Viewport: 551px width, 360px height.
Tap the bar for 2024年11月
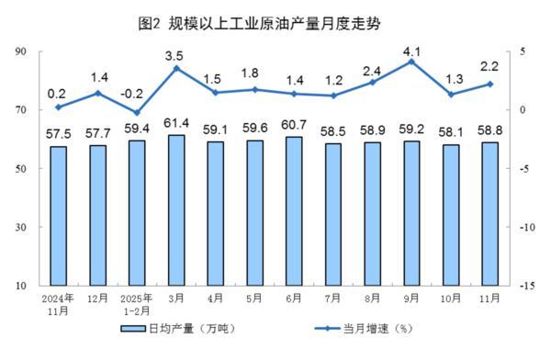pos(59,216)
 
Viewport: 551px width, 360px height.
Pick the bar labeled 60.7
pos(294,210)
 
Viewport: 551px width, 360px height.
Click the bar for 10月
pos(451,215)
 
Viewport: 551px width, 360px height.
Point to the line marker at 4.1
pos(411,62)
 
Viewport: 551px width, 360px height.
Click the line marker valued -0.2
pos(137,112)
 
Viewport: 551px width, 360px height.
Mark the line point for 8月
pos(372,82)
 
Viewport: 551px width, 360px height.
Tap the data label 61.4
pos(176,123)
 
